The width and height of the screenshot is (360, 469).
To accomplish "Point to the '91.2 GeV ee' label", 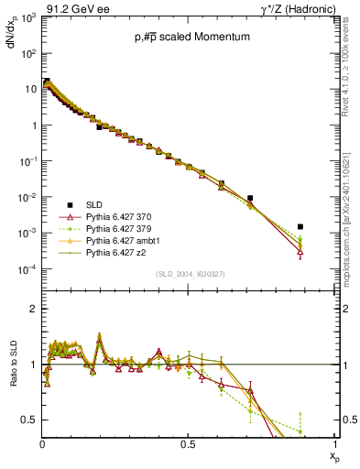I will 36,7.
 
